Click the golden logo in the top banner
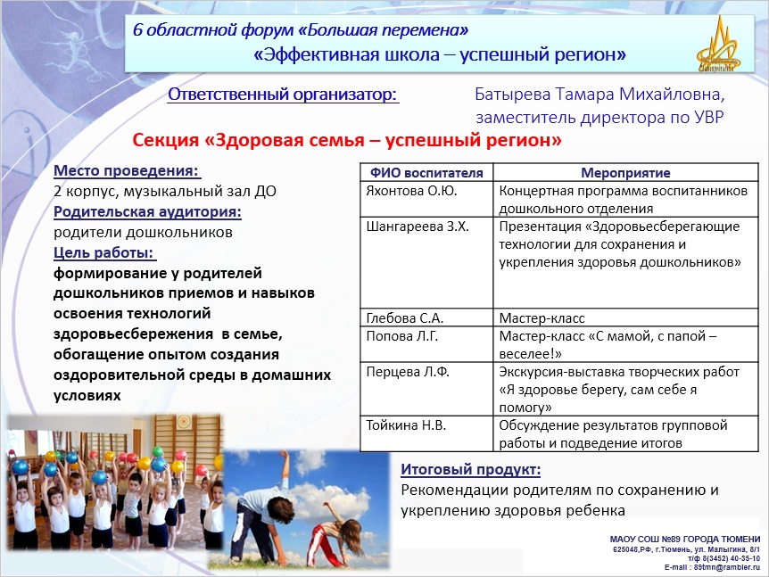point(719,45)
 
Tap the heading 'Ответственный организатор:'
point(283,95)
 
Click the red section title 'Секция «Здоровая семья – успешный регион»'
point(347,140)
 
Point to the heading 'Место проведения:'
point(127,170)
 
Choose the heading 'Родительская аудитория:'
point(147,211)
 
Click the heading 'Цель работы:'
point(104,253)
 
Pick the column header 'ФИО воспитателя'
point(426,173)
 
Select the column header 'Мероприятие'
point(625,173)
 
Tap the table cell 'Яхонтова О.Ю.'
point(411,191)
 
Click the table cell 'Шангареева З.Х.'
point(418,227)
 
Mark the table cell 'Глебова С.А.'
point(405,318)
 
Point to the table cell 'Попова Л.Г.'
point(402,336)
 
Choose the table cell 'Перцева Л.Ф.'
point(408,372)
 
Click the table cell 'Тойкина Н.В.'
point(406,425)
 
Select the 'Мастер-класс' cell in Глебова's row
point(542,318)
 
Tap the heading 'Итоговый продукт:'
point(471,470)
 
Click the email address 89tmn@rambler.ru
point(727,567)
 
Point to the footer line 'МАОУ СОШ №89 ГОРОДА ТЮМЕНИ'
point(684,540)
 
